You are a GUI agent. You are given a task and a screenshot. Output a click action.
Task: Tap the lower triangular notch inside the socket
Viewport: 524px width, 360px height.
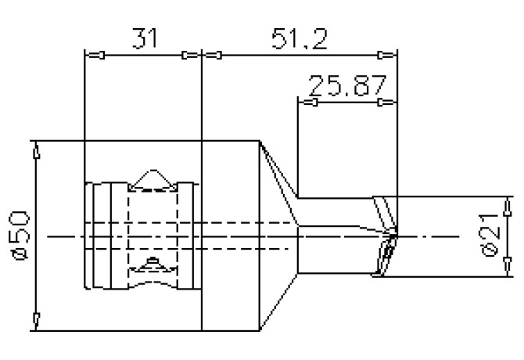[151, 265]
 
